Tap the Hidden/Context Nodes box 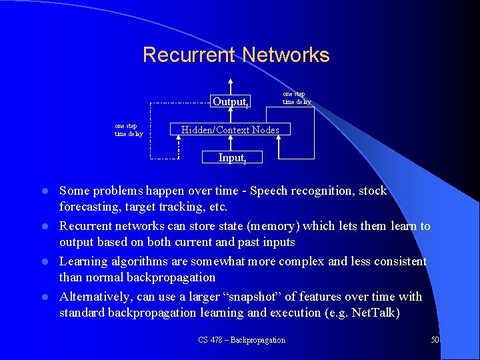click(x=231, y=130)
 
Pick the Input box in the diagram click(x=231, y=158)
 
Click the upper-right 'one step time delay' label click(x=295, y=98)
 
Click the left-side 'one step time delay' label click(x=129, y=130)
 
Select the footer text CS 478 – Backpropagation click(x=241, y=340)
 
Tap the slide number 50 click(x=435, y=340)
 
